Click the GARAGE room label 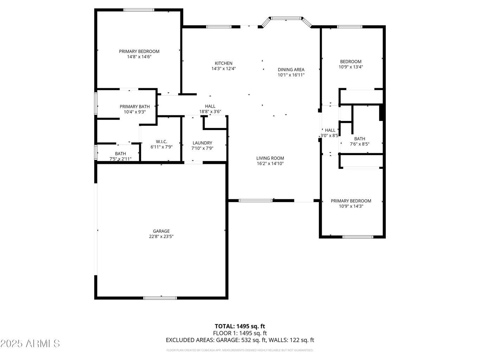[x=161, y=231]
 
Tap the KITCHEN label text [x=224, y=63]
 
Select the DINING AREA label [x=291, y=70]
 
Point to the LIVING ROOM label [x=270, y=158]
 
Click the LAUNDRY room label [x=202, y=143]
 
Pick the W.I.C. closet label [x=161, y=141]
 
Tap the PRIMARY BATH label [x=135, y=107]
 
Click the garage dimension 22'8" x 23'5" [x=161, y=237]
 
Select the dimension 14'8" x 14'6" [x=139, y=57]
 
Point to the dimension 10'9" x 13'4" [x=351, y=67]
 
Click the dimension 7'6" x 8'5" [x=359, y=144]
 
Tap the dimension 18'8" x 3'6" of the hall [x=210, y=112]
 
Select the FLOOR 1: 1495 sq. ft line [x=240, y=333]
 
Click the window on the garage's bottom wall [x=160, y=298]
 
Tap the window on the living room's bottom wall [x=255, y=200]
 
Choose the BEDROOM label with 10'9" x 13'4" [x=351, y=62]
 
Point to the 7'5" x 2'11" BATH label [x=120, y=154]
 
